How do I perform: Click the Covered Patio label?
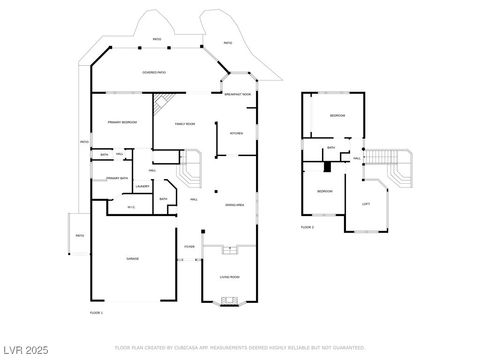click(x=154, y=72)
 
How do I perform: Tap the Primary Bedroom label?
click(x=122, y=123)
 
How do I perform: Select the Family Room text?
click(x=184, y=123)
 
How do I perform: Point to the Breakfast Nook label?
click(x=238, y=93)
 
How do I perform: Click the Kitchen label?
click(x=237, y=133)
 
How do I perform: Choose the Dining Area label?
click(x=235, y=204)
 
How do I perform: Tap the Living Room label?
click(x=229, y=277)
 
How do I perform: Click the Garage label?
click(x=131, y=259)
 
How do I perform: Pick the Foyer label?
click(x=189, y=247)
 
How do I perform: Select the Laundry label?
click(x=142, y=186)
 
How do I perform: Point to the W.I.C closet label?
click(x=131, y=207)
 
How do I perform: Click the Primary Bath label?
click(x=118, y=178)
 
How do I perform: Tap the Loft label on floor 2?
click(x=366, y=204)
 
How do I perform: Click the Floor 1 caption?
click(x=97, y=312)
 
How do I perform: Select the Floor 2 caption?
click(x=307, y=228)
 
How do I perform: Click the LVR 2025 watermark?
click(x=24, y=349)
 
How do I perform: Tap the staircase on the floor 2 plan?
click(x=398, y=166)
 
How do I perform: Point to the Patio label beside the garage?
click(x=79, y=235)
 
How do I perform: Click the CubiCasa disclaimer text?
click(x=240, y=348)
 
